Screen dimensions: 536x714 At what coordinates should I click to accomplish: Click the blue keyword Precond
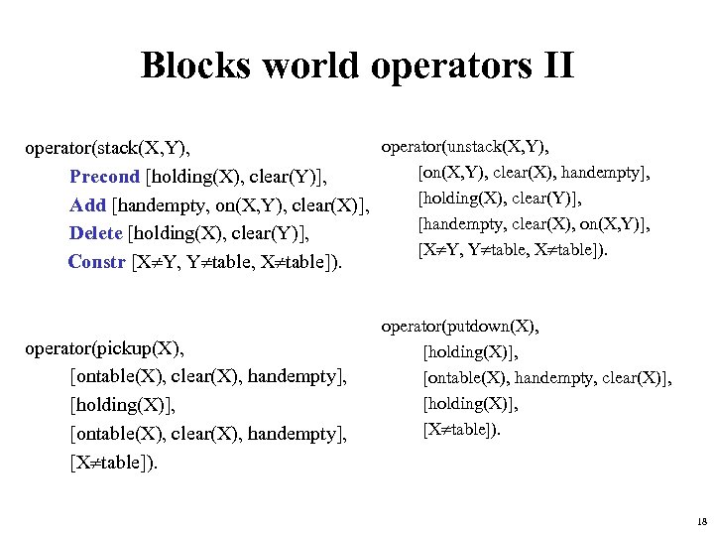pyautogui.click(x=104, y=177)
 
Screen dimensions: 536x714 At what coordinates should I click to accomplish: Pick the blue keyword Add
pyautogui.click(x=87, y=205)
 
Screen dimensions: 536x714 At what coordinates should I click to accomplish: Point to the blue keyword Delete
pyautogui.click(x=97, y=234)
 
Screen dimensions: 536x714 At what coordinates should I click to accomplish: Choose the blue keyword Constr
pyautogui.click(x=96, y=263)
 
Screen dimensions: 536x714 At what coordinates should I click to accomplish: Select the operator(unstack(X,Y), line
pyautogui.click(x=465, y=148)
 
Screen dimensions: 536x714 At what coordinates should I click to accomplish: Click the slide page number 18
pyautogui.click(x=702, y=521)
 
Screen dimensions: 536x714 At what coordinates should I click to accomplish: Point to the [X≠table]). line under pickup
pyautogui.click(x=113, y=463)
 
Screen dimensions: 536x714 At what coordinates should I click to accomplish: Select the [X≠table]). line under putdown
pyautogui.click(x=462, y=430)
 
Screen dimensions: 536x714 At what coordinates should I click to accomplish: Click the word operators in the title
pyautogui.click(x=440, y=66)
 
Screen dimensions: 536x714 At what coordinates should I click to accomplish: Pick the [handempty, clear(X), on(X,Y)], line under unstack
pyautogui.click(x=535, y=225)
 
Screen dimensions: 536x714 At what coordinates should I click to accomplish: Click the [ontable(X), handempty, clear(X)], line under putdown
pyautogui.click(x=546, y=378)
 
